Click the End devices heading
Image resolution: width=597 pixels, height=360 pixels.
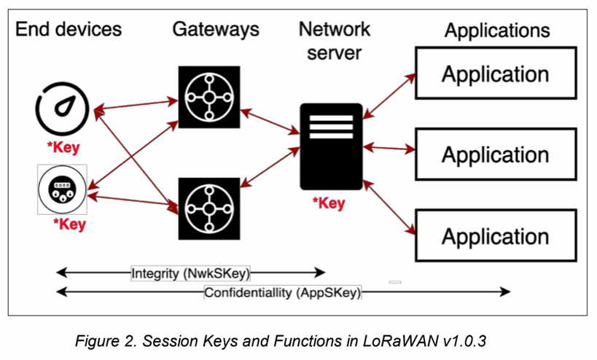pos(69,29)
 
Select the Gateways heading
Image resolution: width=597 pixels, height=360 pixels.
pos(216,29)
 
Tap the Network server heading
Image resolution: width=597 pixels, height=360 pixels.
pos(335,42)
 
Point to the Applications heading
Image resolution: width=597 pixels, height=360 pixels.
pos(497,31)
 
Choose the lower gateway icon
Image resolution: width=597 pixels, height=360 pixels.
pos(208,208)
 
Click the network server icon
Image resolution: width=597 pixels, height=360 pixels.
pos(331,146)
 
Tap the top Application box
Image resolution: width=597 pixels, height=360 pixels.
pos(496,74)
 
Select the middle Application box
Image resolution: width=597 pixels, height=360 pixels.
pos(496,154)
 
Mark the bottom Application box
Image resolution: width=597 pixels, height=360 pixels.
pos(496,236)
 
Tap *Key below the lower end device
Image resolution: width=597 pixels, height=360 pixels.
pos(70,224)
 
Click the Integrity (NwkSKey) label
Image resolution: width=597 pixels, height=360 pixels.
pos(191,273)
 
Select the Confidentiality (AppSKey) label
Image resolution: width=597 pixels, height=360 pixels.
pos(283,293)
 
